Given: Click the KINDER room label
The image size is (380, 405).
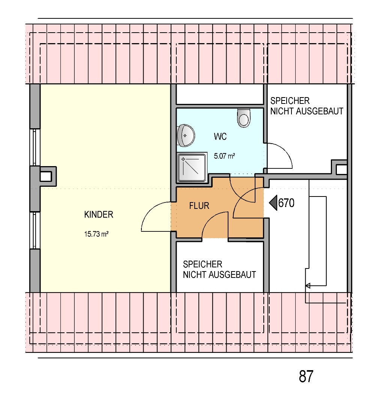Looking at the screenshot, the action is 98,214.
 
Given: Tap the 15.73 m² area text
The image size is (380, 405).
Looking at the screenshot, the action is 96,234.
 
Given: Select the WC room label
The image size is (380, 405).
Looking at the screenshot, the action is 220,136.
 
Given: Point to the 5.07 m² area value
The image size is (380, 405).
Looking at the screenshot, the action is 224,156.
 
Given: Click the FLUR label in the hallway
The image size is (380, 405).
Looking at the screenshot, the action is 199,206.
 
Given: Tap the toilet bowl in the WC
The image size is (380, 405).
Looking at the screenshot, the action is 243,118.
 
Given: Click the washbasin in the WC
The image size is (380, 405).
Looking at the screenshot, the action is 186,135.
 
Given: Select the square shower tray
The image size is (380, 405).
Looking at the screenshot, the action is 192,167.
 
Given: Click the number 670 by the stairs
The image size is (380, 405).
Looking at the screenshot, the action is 286,203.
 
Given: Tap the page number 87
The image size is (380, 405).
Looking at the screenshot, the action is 306,376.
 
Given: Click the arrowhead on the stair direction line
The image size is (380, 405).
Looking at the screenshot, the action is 308,286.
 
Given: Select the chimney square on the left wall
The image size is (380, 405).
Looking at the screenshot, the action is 46,176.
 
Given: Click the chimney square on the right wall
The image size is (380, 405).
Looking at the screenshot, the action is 341,169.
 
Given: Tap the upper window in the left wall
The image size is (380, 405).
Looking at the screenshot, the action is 35,147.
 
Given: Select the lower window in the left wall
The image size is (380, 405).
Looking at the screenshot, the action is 35,230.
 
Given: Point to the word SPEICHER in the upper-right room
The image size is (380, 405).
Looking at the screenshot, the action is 290,101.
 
